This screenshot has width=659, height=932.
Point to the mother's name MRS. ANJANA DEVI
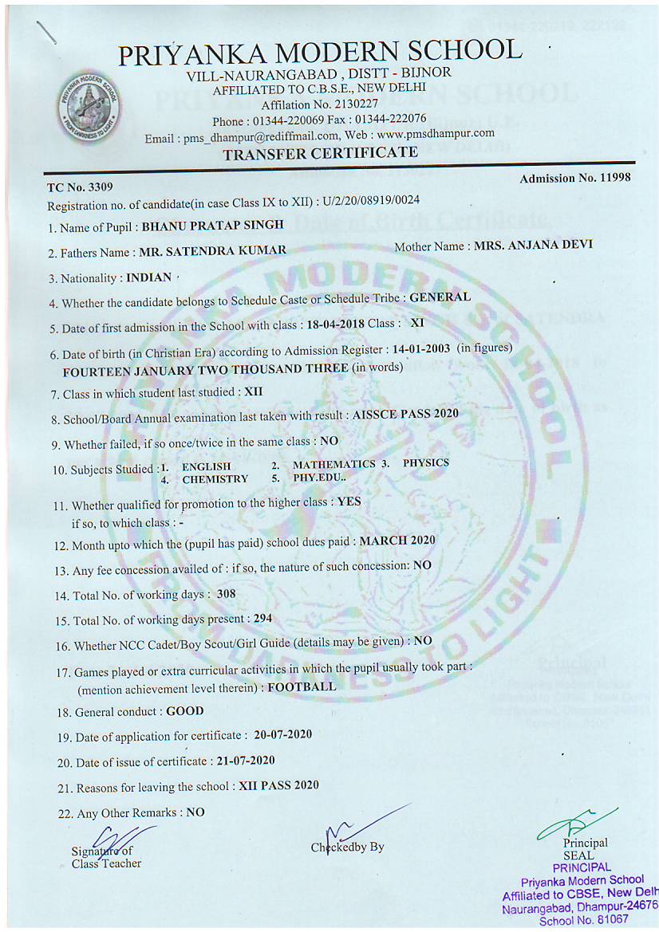[533, 245]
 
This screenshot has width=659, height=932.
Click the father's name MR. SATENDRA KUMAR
[212, 252]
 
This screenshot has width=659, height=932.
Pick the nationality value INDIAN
[149, 277]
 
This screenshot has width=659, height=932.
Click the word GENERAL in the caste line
[440, 297]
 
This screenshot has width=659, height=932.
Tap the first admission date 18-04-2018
[335, 324]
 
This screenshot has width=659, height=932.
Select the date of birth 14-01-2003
[420, 348]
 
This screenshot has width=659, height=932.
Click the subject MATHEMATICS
[333, 464]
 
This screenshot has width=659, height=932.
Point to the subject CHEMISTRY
[215, 479]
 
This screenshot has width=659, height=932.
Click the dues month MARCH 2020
[397, 541]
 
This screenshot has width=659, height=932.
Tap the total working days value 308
[227, 595]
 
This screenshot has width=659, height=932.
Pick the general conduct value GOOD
[184, 711]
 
